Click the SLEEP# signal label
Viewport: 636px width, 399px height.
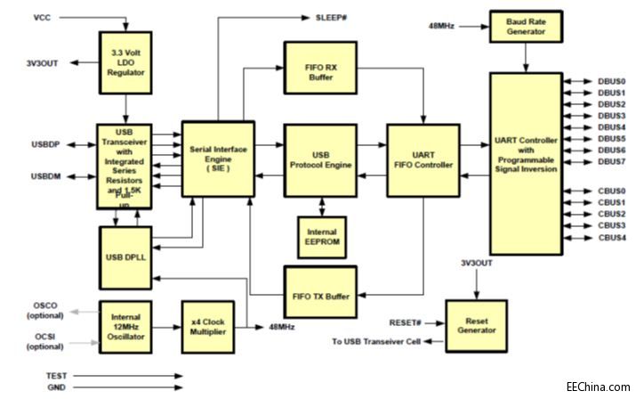(334, 18)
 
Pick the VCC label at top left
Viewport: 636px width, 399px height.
(43, 18)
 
